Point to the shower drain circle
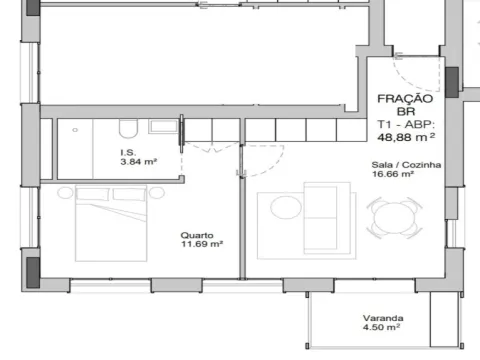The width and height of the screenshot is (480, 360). [x=76, y=129]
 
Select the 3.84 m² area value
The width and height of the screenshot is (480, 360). [x=138, y=161]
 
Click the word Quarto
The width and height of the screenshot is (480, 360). [x=194, y=233]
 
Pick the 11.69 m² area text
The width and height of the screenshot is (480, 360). [x=201, y=243]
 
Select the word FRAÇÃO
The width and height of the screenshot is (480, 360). [x=405, y=99]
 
